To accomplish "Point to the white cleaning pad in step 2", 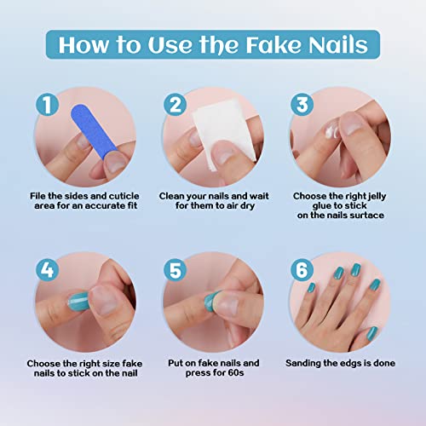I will pyautogui.click(x=209, y=132).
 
